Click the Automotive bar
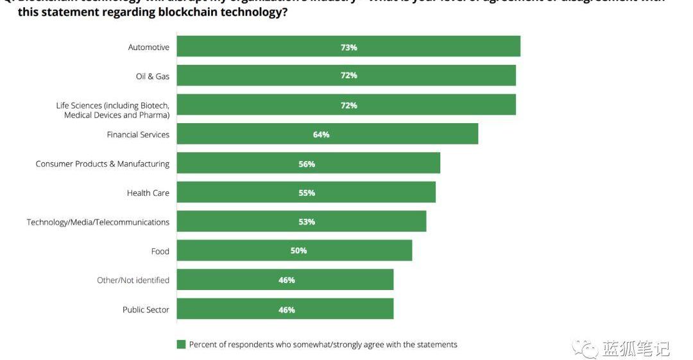tap(348, 47)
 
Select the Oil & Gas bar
tap(346, 76)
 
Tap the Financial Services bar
tap(327, 134)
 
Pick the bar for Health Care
tap(306, 193)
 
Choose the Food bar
tap(295, 250)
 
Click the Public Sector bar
tap(285, 309)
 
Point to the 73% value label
tap(349, 47)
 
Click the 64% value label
tap(321, 135)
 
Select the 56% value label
tap(307, 164)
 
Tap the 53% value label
tap(307, 222)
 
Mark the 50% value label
tap(298, 251)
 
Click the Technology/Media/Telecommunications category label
tap(98, 222)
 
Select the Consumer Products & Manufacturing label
tap(103, 164)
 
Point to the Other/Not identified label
tap(133, 280)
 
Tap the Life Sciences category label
tap(113, 110)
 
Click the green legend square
tap(181, 345)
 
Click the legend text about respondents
tap(323, 345)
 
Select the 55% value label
tap(307, 193)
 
